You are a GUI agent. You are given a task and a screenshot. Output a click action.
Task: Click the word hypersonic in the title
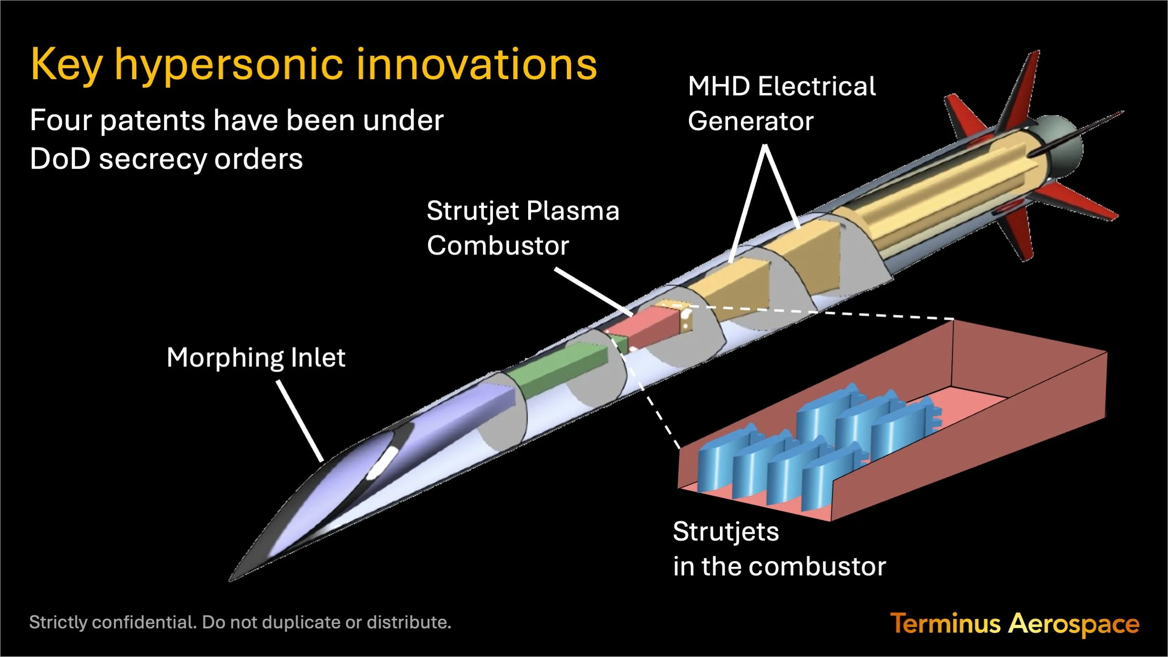pyautogui.click(x=229, y=66)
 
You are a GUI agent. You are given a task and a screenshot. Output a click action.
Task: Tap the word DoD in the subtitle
pyautogui.click(x=60, y=159)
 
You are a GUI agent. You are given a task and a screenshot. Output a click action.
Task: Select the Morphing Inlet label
pyautogui.click(x=256, y=358)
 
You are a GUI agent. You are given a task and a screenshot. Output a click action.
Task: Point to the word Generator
pyautogui.click(x=751, y=121)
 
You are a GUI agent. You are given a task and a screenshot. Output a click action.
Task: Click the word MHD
pyautogui.click(x=719, y=87)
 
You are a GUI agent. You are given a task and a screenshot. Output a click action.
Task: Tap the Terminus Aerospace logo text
pyautogui.click(x=1014, y=624)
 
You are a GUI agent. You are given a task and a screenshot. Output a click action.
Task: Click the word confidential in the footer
pyautogui.click(x=144, y=623)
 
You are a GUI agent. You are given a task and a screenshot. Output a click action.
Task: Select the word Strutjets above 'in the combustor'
pyautogui.click(x=726, y=532)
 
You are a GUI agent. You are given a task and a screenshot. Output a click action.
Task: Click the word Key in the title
pyautogui.click(x=66, y=66)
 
